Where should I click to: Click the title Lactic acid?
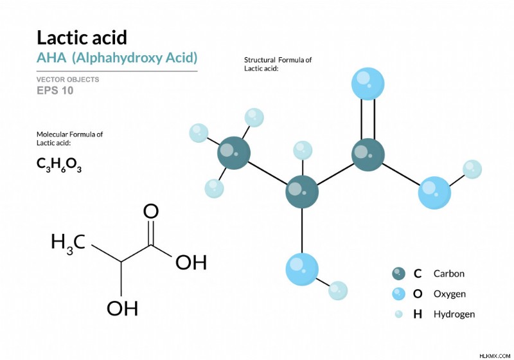(82, 37)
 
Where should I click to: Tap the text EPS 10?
(55, 91)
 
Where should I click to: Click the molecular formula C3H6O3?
(59, 165)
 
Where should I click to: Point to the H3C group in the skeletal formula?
(68, 243)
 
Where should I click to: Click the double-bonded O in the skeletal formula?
(151, 212)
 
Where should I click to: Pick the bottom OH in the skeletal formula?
(122, 309)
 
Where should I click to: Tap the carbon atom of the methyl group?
(234, 153)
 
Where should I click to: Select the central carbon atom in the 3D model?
(302, 192)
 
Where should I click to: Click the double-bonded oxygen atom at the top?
(368, 84)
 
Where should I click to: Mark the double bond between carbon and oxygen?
(368, 119)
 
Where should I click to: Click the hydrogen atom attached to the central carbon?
(303, 150)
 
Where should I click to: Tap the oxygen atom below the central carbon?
(302, 269)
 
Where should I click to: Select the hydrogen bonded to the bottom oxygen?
(338, 291)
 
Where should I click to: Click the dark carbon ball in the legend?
(398, 273)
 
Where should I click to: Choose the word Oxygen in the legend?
(449, 294)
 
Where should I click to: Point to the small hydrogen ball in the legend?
(398, 314)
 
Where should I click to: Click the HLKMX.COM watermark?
(495, 355)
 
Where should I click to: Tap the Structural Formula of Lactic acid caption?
(278, 64)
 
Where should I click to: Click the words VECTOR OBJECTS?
(68, 79)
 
